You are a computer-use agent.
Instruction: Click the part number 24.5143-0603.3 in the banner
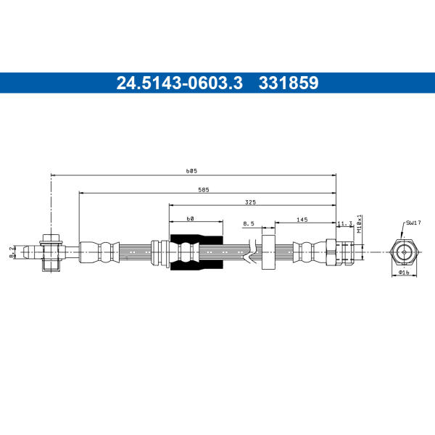click(x=180, y=83)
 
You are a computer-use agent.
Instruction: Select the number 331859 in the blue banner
click(x=289, y=83)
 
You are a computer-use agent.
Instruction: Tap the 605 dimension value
click(x=191, y=171)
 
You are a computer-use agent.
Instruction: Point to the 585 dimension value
click(x=204, y=190)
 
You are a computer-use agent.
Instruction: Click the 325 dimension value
click(x=250, y=202)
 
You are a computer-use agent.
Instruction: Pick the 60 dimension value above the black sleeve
click(x=190, y=219)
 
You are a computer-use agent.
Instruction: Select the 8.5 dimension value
click(x=249, y=223)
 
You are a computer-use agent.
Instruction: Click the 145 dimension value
click(x=302, y=220)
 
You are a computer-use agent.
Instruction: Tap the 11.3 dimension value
click(x=344, y=223)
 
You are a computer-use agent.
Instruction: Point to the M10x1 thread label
click(x=360, y=223)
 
